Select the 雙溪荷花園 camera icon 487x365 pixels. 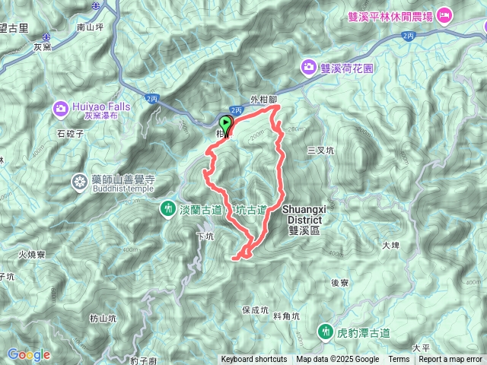310,67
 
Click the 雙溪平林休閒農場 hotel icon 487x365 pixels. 444,15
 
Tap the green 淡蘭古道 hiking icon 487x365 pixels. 168,208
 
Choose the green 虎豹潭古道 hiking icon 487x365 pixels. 325,332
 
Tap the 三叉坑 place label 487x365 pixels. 320,151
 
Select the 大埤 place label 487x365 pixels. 390,245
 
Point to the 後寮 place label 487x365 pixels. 339,282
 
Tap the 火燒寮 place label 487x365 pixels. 33,255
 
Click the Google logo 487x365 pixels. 28,354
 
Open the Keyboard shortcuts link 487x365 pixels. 254,360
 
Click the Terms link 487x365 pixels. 399,360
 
